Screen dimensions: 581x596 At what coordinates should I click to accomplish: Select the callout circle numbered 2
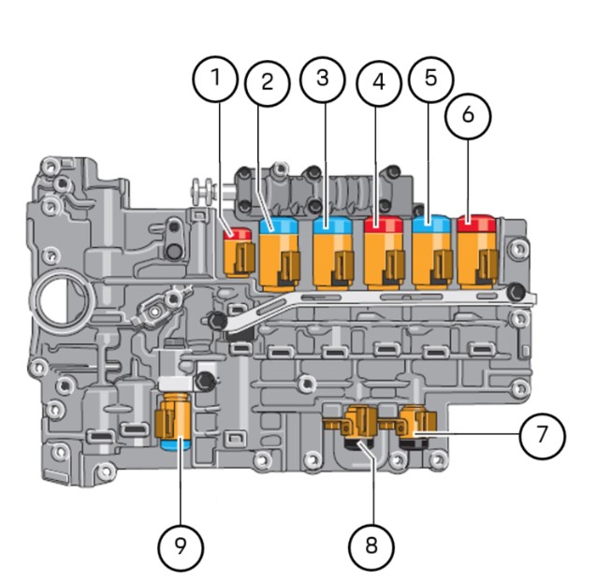tap(268, 82)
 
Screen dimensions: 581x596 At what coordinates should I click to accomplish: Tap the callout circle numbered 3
tap(323, 79)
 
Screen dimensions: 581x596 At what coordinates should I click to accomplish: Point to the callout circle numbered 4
tap(378, 82)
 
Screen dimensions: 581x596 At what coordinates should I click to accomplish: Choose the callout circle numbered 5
tap(429, 79)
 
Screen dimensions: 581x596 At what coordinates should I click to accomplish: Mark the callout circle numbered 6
tap(469, 114)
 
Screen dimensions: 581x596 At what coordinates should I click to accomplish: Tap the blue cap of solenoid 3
tap(332, 225)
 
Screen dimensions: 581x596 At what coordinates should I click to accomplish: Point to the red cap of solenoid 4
tap(384, 225)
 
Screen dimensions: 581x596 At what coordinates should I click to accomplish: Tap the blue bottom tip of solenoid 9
tap(172, 443)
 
